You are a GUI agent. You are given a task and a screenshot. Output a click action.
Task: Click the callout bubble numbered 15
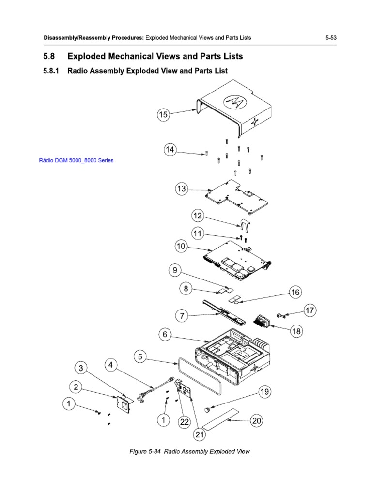click(163, 115)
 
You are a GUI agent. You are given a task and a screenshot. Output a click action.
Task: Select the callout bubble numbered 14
click(170, 151)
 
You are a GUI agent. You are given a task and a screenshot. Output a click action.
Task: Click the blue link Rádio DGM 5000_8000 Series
click(76, 160)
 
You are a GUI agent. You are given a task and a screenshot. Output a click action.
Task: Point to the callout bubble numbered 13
click(181, 189)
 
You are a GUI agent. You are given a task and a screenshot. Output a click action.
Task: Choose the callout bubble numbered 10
click(181, 247)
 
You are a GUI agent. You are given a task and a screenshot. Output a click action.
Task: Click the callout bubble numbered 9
click(175, 270)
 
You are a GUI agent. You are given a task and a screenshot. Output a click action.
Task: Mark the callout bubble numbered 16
click(295, 292)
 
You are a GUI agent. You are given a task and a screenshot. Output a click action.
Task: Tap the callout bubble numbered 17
click(310, 310)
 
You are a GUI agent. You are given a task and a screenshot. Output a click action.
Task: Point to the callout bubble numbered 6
click(165, 334)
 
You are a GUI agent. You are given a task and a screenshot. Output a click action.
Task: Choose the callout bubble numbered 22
click(184, 422)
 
